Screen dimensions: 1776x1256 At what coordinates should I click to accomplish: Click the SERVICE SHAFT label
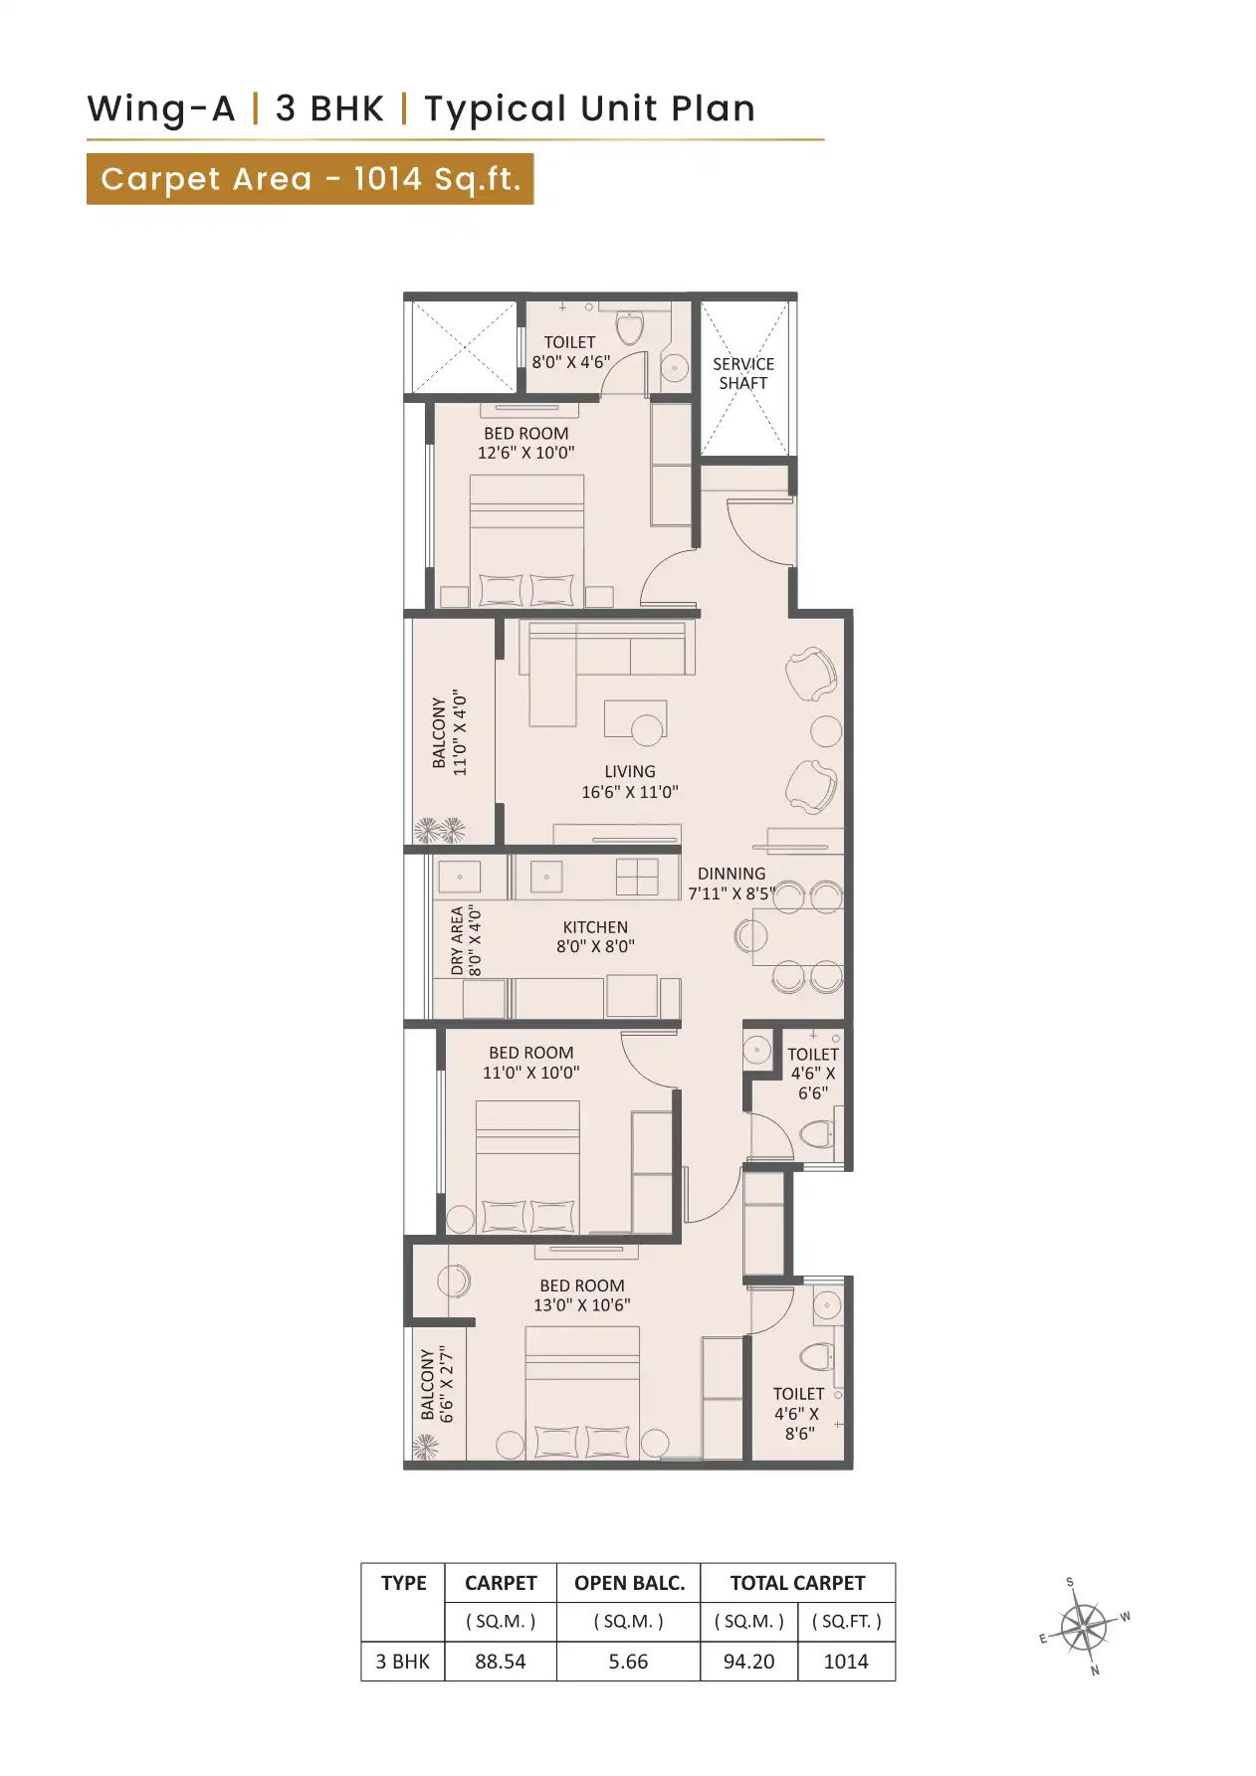point(742,373)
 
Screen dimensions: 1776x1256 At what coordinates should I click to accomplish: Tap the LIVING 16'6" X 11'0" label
point(629,782)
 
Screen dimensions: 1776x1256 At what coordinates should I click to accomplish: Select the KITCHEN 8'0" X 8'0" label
point(595,936)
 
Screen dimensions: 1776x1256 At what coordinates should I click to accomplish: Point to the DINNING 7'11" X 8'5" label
point(731,883)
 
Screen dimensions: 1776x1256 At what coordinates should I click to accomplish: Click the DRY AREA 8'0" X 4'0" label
point(465,940)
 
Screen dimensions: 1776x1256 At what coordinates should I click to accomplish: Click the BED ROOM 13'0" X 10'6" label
point(581,1294)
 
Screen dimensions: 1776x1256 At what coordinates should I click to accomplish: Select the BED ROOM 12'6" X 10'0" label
point(525,443)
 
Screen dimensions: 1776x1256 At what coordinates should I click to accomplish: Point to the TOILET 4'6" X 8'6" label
point(797,1413)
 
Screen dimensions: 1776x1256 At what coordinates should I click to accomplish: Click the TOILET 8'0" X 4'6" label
point(569,352)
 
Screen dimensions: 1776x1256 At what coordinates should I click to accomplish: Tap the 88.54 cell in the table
point(500,1661)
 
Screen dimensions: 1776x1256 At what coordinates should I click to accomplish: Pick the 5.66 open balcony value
point(628,1661)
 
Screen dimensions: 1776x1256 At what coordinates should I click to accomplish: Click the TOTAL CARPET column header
point(797,1582)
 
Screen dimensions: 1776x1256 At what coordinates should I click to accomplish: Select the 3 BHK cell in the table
point(402,1661)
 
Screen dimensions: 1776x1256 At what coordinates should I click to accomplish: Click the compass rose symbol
point(1084,1628)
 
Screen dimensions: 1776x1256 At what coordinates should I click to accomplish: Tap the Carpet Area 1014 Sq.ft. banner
point(310,179)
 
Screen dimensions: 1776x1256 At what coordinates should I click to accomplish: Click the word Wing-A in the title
point(161,108)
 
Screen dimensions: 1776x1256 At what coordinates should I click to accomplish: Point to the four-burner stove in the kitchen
point(637,878)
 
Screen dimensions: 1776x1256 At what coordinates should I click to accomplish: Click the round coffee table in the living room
point(647,730)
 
